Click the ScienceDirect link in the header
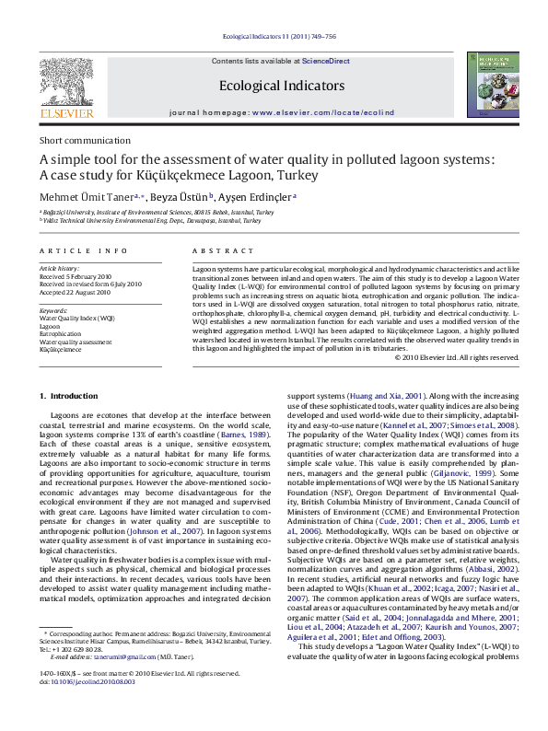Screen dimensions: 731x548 pos(326,60)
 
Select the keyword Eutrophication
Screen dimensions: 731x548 pos(61,333)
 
